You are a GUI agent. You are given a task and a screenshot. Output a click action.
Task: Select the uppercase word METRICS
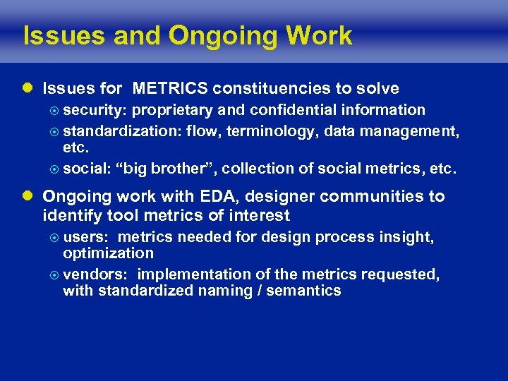pyautogui.click(x=170, y=88)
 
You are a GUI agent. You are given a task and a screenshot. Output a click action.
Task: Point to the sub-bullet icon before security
pyautogui.click(x=55, y=110)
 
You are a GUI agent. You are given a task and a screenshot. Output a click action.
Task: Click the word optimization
pyautogui.click(x=108, y=253)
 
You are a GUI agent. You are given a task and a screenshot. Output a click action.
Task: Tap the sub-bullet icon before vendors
pyautogui.click(x=55, y=274)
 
